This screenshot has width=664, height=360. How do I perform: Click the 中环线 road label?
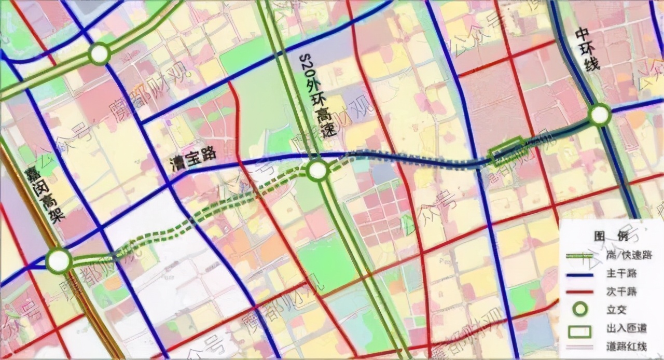click(588, 50)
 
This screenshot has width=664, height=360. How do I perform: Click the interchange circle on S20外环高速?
click(317, 170)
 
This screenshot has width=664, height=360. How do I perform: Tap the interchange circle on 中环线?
click(600, 115)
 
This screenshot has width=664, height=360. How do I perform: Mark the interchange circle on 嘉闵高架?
click(59, 261)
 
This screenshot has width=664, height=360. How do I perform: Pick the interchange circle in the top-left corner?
click(99, 53)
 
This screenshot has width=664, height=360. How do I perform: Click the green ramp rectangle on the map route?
click(506, 151)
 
